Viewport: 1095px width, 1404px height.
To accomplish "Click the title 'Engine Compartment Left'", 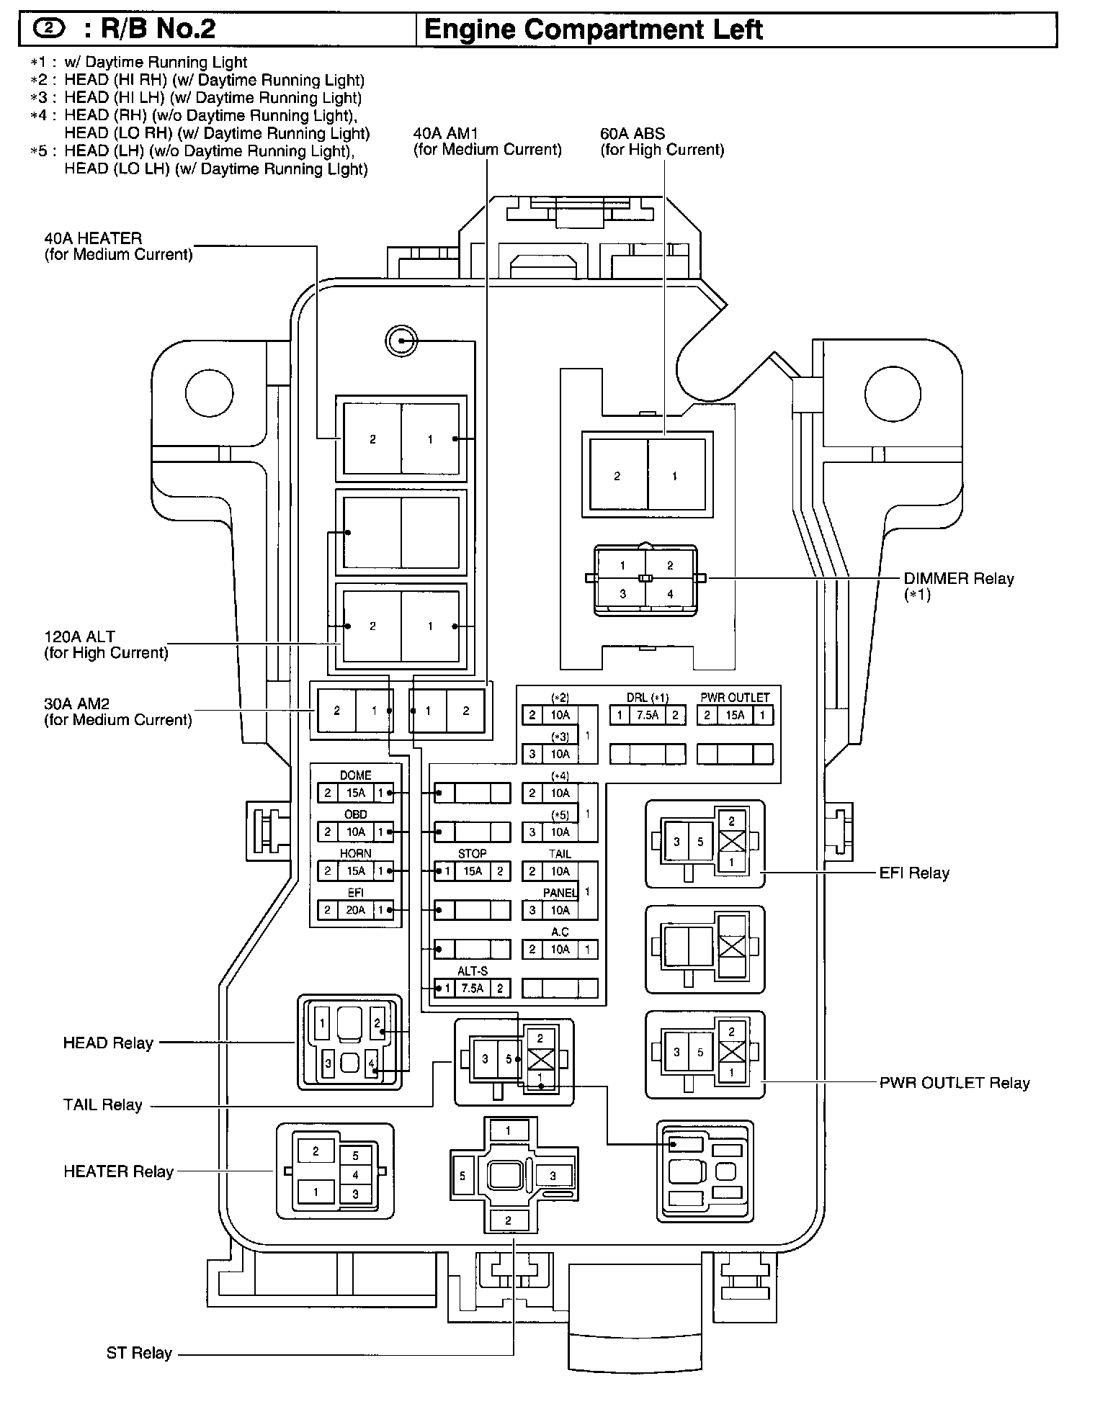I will click(593, 30).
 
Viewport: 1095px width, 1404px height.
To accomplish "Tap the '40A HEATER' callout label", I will click(93, 238).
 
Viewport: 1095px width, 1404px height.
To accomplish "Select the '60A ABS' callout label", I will click(633, 134).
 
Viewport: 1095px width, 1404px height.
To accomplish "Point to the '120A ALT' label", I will click(79, 637).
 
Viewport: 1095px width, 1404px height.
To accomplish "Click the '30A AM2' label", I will click(76, 704).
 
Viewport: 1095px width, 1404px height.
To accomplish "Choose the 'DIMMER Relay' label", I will click(958, 579).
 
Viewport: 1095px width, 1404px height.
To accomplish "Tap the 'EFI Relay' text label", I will click(914, 873).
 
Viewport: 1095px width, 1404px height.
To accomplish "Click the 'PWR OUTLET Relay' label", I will click(954, 1084).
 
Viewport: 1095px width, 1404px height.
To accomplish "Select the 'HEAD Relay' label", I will click(108, 1043).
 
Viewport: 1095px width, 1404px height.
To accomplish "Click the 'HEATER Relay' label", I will click(118, 1172).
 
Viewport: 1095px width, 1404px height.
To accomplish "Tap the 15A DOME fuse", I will click(356, 793).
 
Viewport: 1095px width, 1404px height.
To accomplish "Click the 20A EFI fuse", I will click(356, 910).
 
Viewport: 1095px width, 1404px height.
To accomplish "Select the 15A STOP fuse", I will click(473, 871).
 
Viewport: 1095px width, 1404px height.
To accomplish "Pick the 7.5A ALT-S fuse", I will click(473, 989).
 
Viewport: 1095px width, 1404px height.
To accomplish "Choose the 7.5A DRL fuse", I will click(648, 716).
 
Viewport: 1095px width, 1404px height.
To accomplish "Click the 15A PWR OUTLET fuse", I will click(735, 716).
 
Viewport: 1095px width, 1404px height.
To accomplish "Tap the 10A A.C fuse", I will click(560, 950).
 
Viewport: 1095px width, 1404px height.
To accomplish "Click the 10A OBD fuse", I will click(356, 832).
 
